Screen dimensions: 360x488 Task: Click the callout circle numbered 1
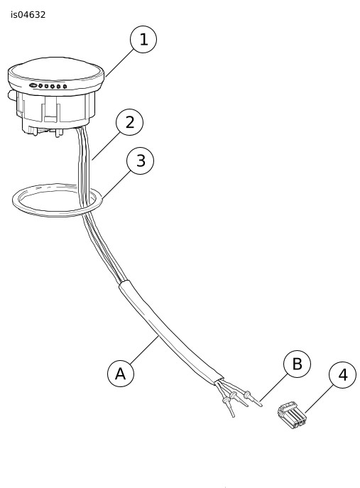click(x=143, y=40)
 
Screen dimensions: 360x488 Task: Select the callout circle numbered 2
click(x=129, y=122)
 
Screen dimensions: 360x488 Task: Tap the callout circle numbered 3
click(x=141, y=161)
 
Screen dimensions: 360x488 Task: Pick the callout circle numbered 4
click(x=342, y=375)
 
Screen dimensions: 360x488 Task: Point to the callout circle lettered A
click(x=121, y=374)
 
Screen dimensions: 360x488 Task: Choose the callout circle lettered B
click(x=297, y=364)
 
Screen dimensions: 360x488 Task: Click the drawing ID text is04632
click(x=28, y=15)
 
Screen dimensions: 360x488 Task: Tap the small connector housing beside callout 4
click(x=292, y=415)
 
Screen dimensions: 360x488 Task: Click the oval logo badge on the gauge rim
click(x=33, y=85)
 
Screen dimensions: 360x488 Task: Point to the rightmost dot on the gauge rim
click(x=65, y=87)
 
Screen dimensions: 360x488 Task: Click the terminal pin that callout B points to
click(x=253, y=398)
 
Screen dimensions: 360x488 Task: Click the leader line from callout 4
click(x=320, y=399)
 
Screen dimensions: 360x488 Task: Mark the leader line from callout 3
click(x=116, y=184)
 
